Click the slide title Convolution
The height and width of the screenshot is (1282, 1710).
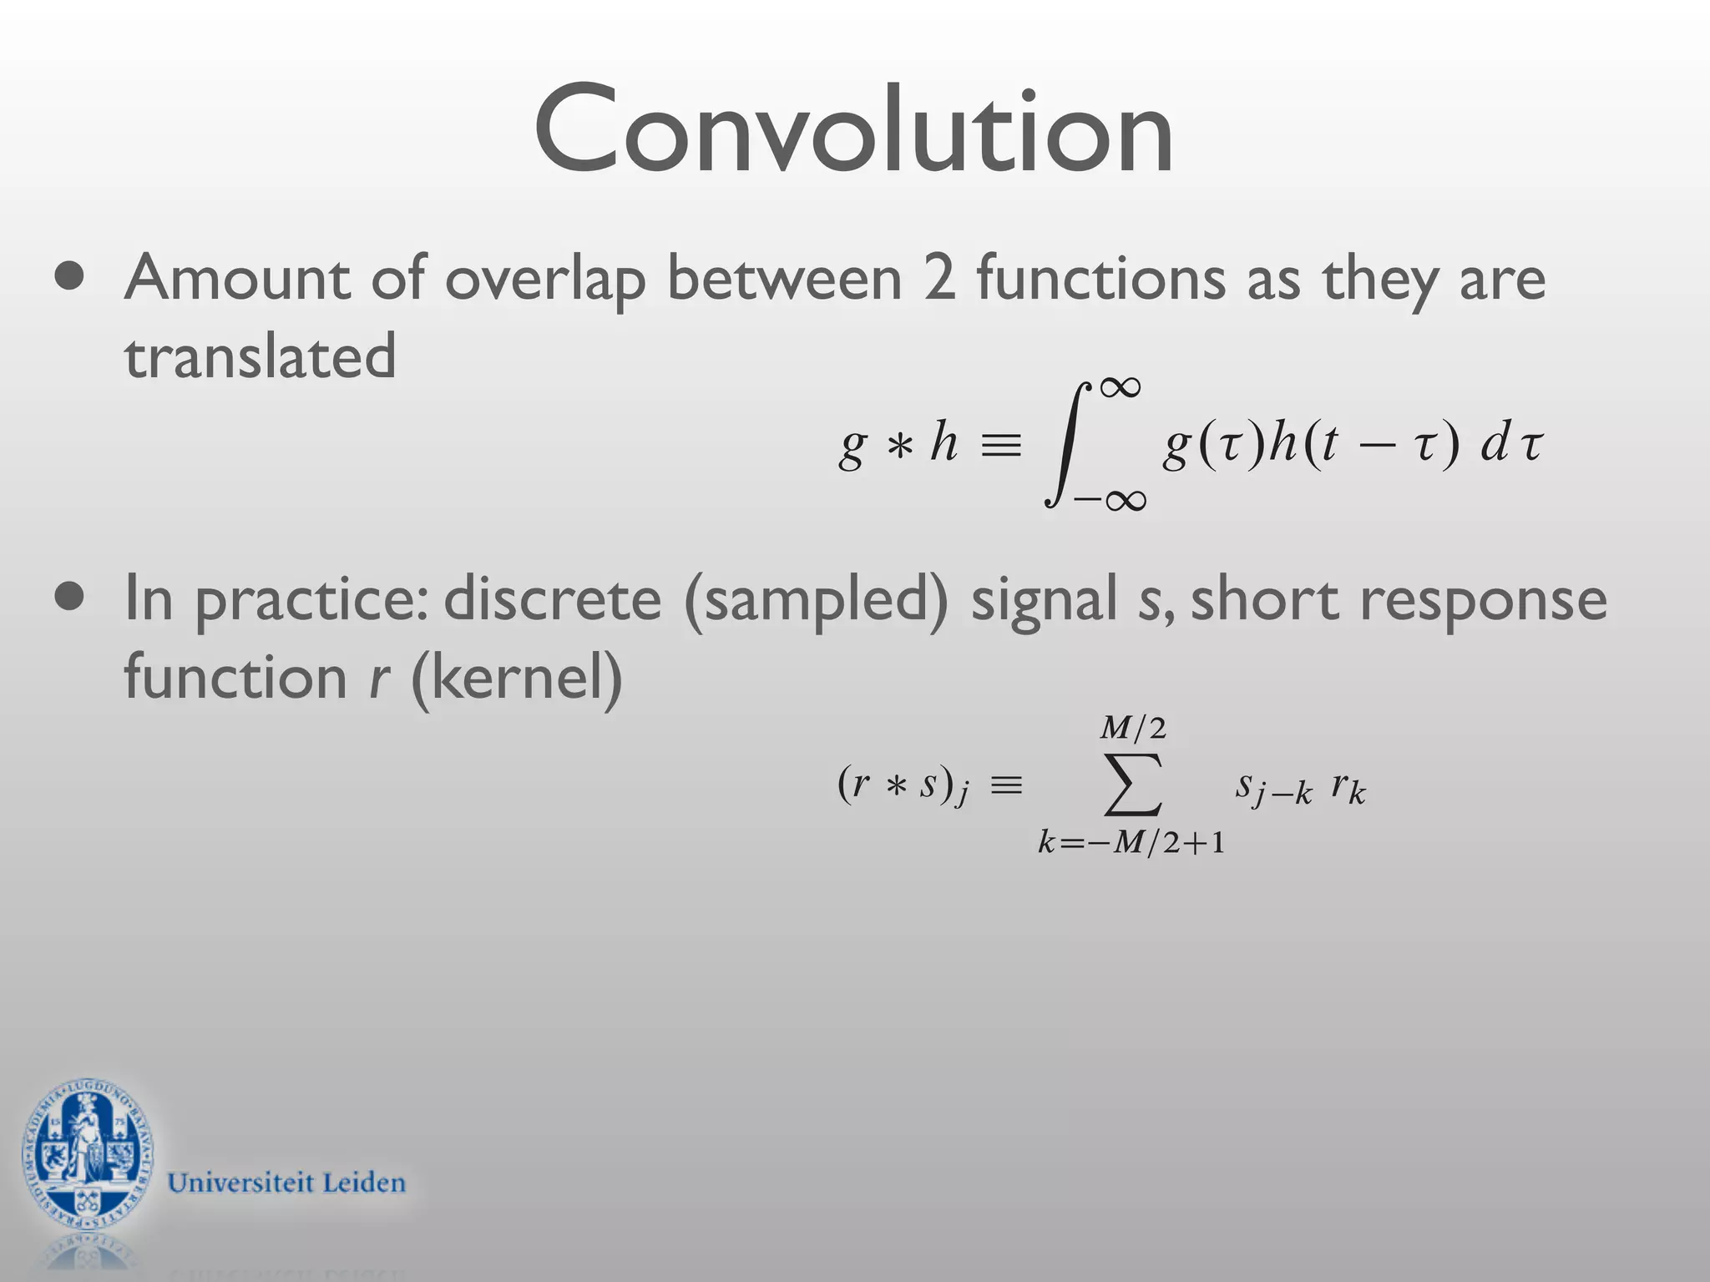[853, 129]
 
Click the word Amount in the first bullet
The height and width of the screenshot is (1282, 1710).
[236, 278]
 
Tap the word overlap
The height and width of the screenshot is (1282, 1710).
[545, 280]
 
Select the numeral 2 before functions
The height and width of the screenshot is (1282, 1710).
[938, 278]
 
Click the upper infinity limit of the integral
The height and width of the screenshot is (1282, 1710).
[1120, 387]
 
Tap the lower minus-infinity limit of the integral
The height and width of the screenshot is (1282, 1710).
[1110, 500]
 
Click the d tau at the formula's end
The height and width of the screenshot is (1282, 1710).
[1511, 444]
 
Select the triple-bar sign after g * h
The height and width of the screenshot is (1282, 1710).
[1001, 446]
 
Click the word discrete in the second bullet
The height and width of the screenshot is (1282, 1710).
[552, 599]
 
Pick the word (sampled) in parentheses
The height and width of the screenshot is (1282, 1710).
[816, 601]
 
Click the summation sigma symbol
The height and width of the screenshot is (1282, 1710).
[1133, 784]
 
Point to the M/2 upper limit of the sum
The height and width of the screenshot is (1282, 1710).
[1133, 729]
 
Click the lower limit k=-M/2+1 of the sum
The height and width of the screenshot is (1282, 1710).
[1131, 843]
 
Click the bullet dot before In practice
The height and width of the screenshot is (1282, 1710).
[69, 598]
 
